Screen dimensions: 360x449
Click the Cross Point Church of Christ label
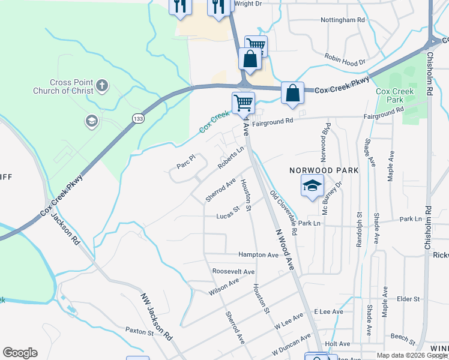point(72,86)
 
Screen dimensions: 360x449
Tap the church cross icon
point(102,85)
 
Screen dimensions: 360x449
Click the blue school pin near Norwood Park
point(312,186)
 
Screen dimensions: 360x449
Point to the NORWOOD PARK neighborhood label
point(324,170)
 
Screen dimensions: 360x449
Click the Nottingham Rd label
point(343,20)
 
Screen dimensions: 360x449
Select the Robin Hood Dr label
point(345,62)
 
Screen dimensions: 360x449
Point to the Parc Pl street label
point(186,161)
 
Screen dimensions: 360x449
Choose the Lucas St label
point(228,212)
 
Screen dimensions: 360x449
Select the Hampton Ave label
point(259,255)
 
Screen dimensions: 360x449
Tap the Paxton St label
point(140,330)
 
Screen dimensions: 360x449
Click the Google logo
point(20,353)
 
